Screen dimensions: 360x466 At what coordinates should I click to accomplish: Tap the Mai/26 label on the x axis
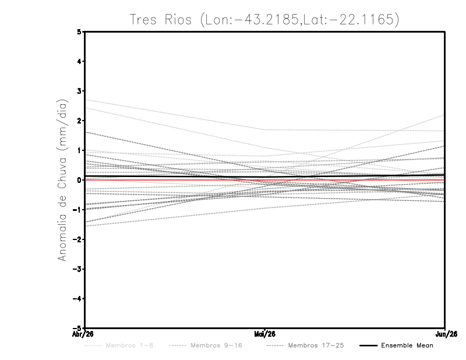265,334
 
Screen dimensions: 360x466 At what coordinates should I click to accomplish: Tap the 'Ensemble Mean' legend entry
407,346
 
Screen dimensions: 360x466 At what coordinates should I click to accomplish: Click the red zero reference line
175,180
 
